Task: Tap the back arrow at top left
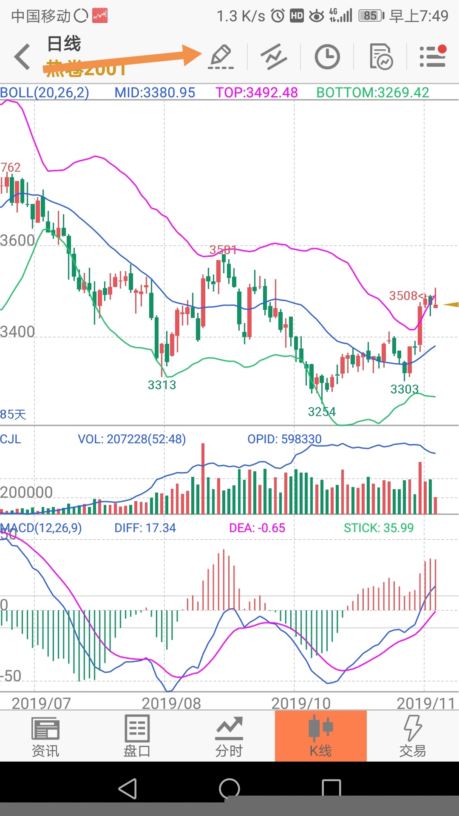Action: coord(22,57)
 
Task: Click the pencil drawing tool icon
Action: coord(221,57)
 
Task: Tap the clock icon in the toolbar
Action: coord(327,57)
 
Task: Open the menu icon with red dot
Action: coord(433,57)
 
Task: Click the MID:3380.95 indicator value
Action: coord(155,93)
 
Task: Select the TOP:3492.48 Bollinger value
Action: coord(256,93)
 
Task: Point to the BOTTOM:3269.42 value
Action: coord(373,93)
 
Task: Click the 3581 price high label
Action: coord(223,250)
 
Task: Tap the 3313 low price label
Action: coord(162,385)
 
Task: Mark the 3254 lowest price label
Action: coord(322,412)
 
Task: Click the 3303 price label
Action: coord(405,389)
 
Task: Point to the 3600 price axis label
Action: coord(17,241)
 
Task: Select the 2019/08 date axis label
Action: coord(171,703)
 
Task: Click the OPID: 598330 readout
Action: coord(284,439)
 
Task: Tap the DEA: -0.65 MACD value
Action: coord(257,528)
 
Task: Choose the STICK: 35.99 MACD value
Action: coord(378,528)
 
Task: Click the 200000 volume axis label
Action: coord(26,492)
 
